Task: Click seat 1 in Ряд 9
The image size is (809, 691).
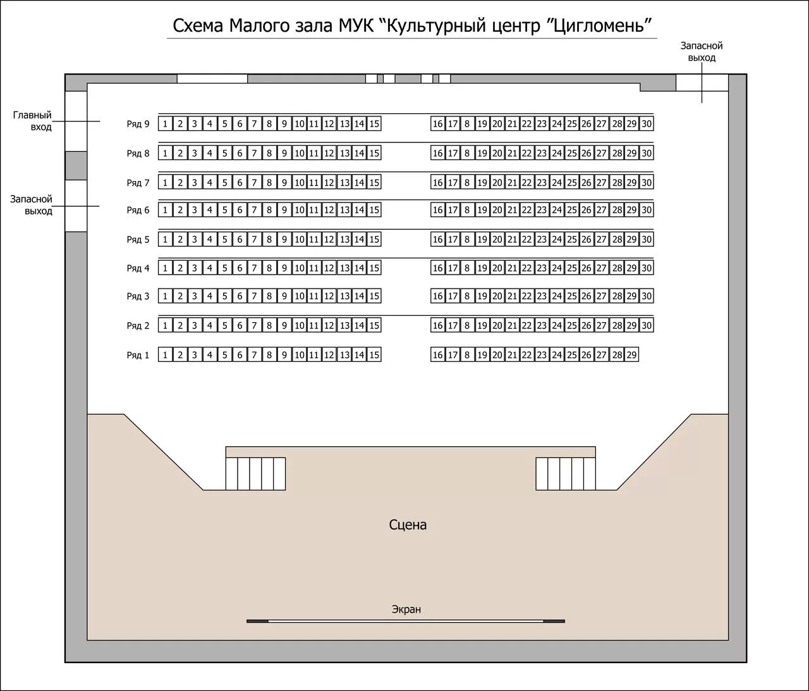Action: coord(165,124)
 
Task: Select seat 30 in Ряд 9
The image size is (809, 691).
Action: coord(647,124)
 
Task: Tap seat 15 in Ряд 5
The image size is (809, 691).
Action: coord(374,240)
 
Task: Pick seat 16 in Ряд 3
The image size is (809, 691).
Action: coord(437,296)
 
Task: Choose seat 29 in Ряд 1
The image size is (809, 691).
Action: coord(631,355)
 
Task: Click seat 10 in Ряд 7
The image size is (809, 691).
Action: coord(300,183)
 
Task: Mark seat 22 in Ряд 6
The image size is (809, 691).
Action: coord(527,210)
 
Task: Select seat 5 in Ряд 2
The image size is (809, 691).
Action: coord(224,326)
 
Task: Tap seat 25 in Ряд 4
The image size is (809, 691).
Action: coord(571,268)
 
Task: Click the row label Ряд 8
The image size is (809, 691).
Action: coord(138,153)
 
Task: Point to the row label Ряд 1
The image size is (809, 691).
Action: coord(138,355)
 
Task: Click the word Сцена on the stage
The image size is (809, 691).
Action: coord(408,525)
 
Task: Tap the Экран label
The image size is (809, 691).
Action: coord(406,609)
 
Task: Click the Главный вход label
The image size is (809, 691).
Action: coord(33,121)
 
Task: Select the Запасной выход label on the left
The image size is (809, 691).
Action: coord(31,205)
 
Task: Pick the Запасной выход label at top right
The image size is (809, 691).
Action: coord(701,51)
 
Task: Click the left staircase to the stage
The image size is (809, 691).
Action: coord(255,473)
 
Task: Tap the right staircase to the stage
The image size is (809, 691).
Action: coord(566,473)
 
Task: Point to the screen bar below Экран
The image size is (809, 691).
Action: coord(406,621)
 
